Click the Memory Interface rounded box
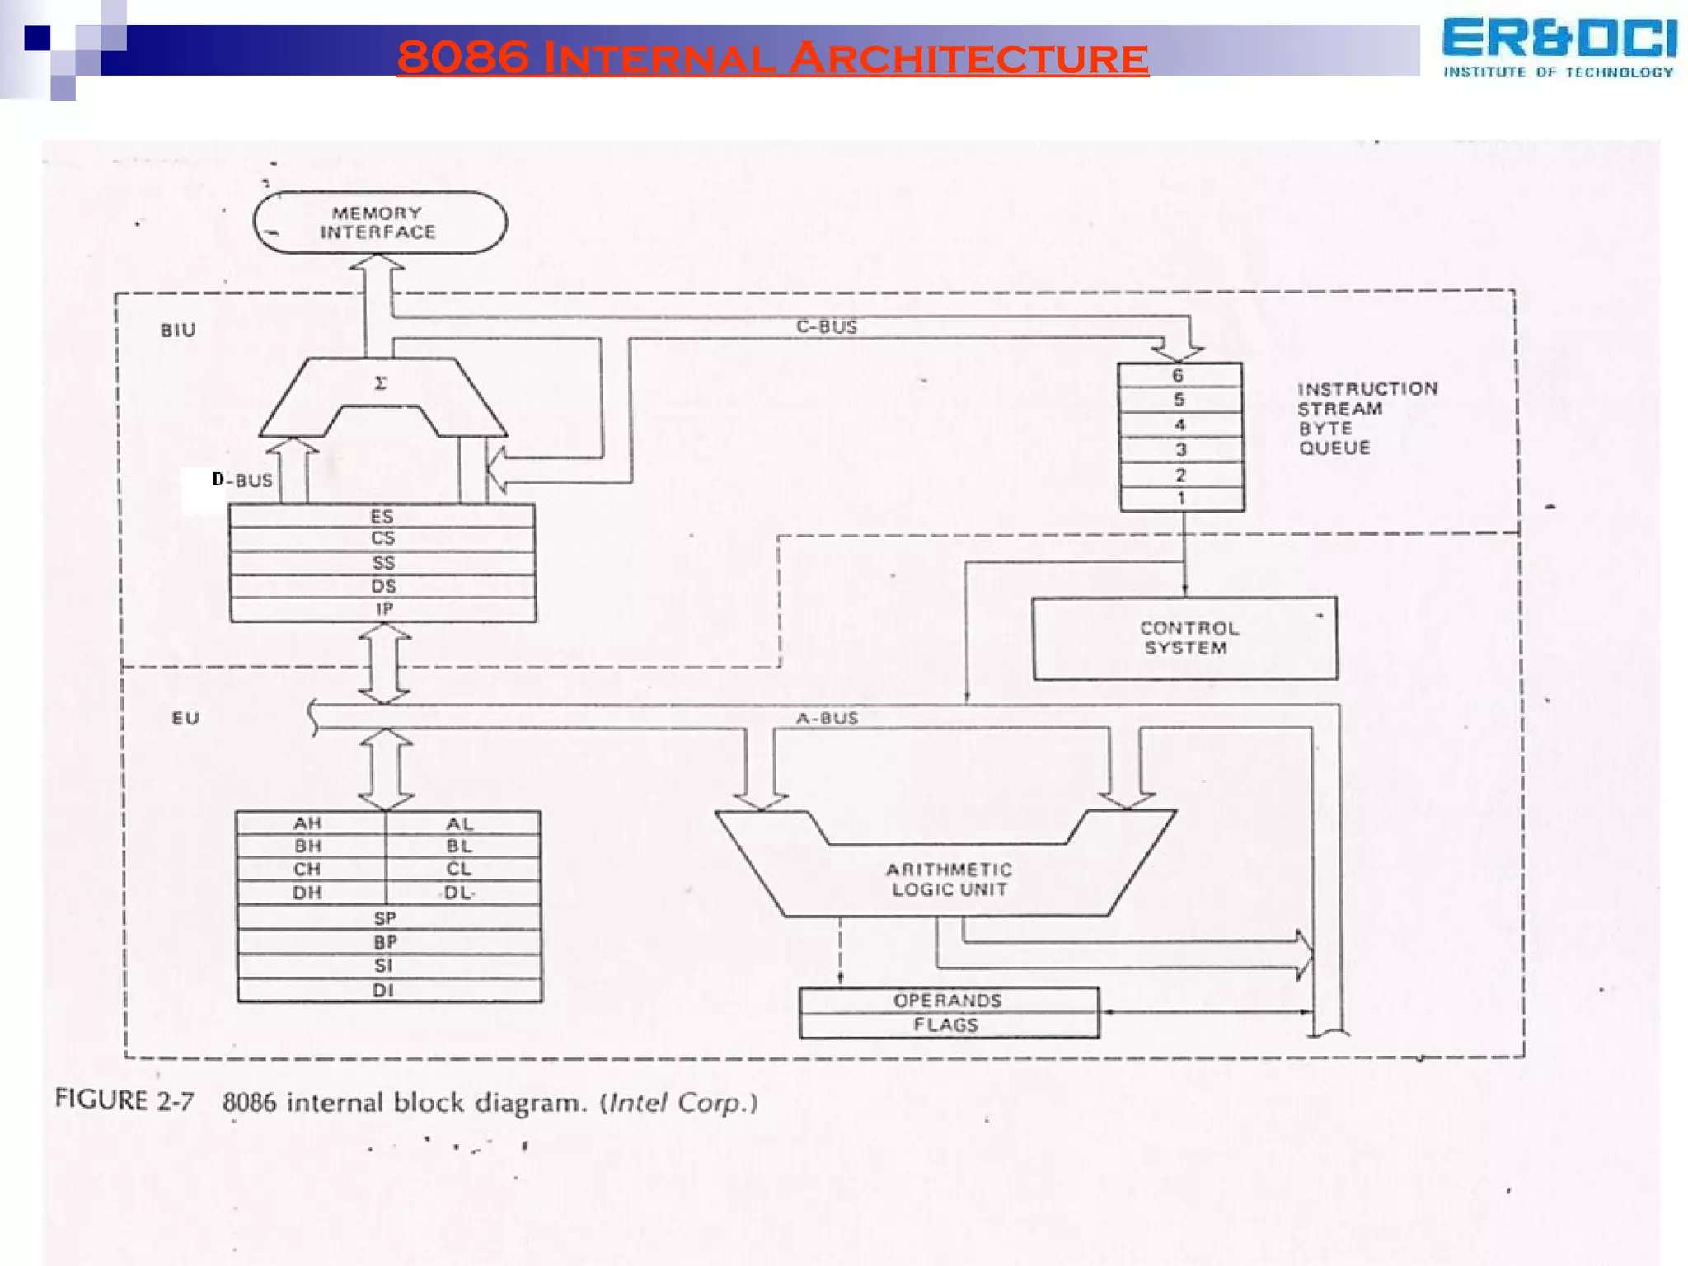tap(379, 223)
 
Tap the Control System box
tap(1184, 638)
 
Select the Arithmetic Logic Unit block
tap(948, 879)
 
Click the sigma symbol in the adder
tap(381, 383)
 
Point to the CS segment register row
tap(382, 539)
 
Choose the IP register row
tap(383, 610)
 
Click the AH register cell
tap(308, 823)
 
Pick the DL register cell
tap(459, 893)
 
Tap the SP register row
tap(385, 918)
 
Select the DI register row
tap(383, 990)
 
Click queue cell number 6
tap(1179, 376)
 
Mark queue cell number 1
tap(1181, 499)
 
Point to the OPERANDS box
tap(947, 1000)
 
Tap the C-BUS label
tap(827, 326)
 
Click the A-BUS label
tap(827, 718)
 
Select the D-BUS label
tap(242, 480)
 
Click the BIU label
tap(178, 331)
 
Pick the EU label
tap(185, 718)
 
